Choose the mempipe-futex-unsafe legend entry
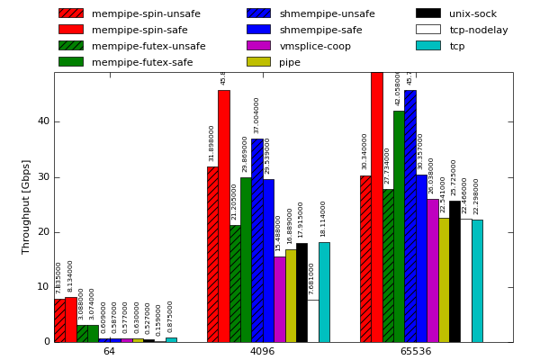148,46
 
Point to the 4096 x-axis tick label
262,351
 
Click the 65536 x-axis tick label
415,351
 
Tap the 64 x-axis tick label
109,351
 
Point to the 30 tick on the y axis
44,177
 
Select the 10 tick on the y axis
44,287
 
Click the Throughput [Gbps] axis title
27,207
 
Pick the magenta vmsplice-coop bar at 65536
433,270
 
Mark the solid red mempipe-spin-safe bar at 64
70,319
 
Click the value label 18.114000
324,219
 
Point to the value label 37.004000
256,115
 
